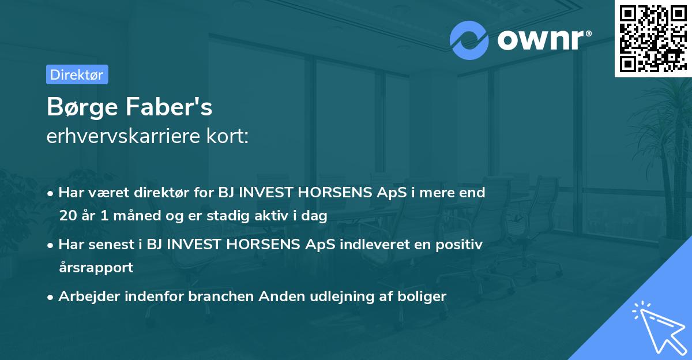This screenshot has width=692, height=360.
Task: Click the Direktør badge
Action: pyautogui.click(x=77, y=74)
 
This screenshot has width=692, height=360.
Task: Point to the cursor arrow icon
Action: pyautogui.click(x=657, y=326)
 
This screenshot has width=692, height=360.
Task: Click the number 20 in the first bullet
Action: pyautogui.click(x=67, y=216)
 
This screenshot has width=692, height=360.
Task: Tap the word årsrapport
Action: pyautogui.click(x=96, y=268)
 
